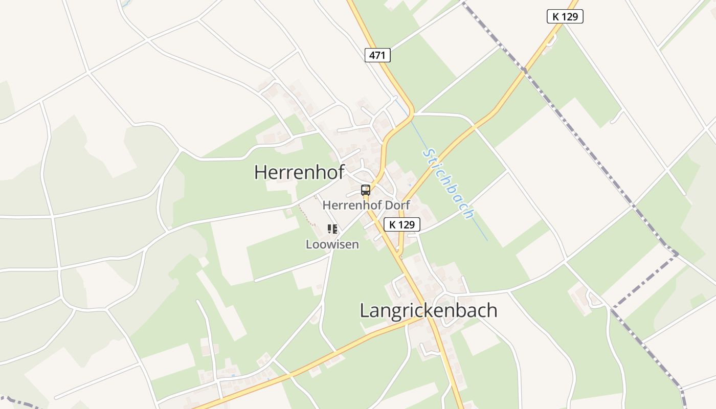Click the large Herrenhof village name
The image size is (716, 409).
click(x=299, y=172)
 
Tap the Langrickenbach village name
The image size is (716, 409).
click(x=429, y=310)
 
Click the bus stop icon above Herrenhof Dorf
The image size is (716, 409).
click(x=366, y=190)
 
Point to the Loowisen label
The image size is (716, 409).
click(x=332, y=244)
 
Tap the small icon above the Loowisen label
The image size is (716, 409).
click(x=332, y=229)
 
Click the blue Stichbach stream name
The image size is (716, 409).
click(x=449, y=184)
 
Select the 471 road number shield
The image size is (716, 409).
click(x=377, y=55)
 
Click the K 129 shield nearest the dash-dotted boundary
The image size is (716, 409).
click(x=565, y=16)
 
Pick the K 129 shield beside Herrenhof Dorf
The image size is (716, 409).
click(x=401, y=224)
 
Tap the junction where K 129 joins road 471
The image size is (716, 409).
click(x=399, y=254)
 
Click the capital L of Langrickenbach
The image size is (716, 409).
click(x=365, y=310)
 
